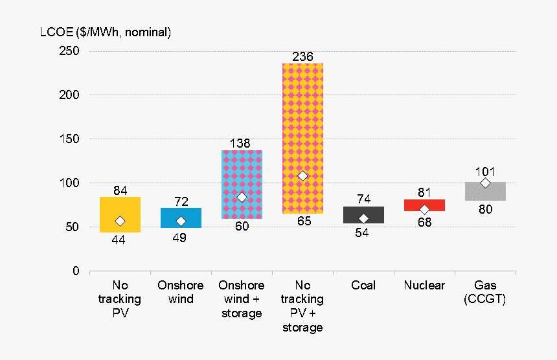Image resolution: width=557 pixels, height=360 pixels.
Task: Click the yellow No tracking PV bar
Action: pyautogui.click(x=120, y=207)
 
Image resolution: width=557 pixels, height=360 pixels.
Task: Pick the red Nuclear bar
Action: pyautogui.click(x=424, y=203)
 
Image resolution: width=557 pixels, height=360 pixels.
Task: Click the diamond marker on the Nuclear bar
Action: pyautogui.click(x=424, y=210)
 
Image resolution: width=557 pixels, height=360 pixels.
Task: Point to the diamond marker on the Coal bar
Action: pyautogui.click(x=363, y=219)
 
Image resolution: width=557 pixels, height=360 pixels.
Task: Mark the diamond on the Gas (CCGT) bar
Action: pyautogui.click(x=485, y=183)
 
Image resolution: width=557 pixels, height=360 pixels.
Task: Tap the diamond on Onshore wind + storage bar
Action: pyautogui.click(x=242, y=197)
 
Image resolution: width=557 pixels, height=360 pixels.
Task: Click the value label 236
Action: pyautogui.click(x=302, y=57)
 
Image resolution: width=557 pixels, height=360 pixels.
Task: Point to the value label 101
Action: pyautogui.click(x=485, y=172)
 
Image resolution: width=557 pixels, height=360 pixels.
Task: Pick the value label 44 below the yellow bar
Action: pyautogui.click(x=119, y=240)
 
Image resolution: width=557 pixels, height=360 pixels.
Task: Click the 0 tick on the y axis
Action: pyautogui.click(x=75, y=271)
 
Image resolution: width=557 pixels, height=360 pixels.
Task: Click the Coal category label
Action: pyautogui.click(x=363, y=286)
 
